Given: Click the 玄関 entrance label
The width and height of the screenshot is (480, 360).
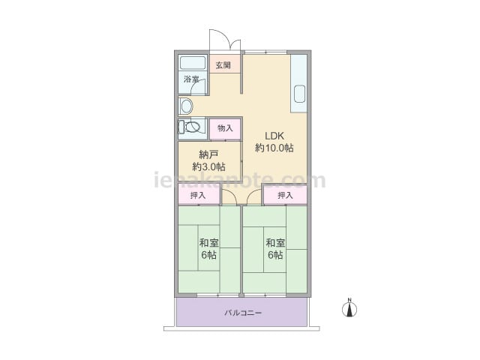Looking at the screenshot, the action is click(x=223, y=65).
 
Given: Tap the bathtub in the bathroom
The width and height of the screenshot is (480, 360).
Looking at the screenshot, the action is click(x=193, y=63).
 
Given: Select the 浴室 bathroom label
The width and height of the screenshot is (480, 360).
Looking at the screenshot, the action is click(x=191, y=79).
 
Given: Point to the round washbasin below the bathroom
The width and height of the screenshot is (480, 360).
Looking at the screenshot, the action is click(x=187, y=106).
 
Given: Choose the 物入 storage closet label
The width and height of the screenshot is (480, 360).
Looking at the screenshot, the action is click(x=225, y=128).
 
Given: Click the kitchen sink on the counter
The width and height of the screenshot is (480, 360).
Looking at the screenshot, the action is click(x=300, y=94).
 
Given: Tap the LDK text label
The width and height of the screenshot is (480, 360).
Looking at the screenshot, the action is click(x=274, y=136).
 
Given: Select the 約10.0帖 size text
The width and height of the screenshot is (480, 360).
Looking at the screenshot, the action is click(x=274, y=148).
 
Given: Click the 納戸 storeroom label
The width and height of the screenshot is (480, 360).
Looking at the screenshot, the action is click(x=208, y=154).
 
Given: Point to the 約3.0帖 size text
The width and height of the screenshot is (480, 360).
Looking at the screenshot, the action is click(x=208, y=166).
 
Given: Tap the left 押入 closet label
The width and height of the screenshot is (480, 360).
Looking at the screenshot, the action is click(x=198, y=195).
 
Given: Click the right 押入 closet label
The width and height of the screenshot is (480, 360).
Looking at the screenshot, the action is click(x=285, y=195).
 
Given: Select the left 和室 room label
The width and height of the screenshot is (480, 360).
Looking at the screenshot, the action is click(x=208, y=243).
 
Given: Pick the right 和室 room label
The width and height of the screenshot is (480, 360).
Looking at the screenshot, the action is click(x=275, y=243).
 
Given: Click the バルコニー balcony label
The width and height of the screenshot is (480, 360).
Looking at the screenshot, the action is click(x=243, y=313).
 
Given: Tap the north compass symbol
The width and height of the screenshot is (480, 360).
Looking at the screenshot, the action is click(x=349, y=307).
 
